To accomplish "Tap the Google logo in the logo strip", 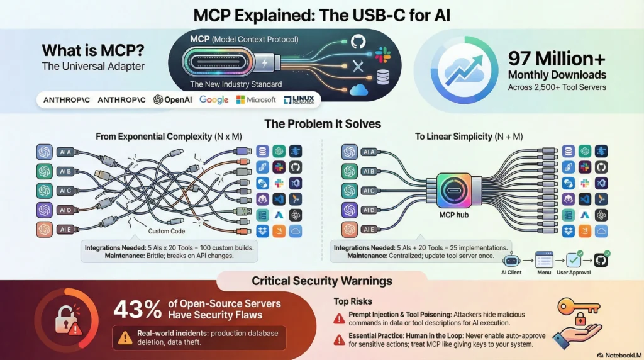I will click(214, 99).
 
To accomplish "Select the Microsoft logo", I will click(256, 99).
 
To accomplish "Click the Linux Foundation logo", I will click(299, 99).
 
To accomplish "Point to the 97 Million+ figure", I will click(555, 59).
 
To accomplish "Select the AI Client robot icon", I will click(511, 259).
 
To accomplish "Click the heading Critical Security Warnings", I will click(321, 281).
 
